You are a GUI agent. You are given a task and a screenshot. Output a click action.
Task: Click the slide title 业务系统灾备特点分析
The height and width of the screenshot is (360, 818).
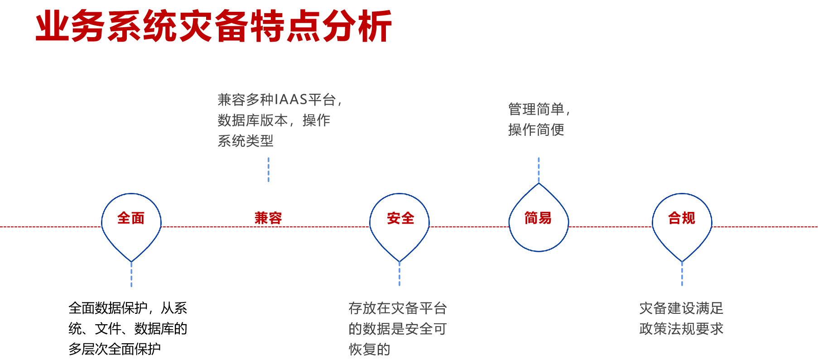pyautogui.click(x=213, y=26)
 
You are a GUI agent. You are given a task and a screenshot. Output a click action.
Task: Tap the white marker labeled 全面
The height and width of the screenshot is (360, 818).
pyautogui.click(x=131, y=221)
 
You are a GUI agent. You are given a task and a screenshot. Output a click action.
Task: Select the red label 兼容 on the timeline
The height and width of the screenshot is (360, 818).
pyautogui.click(x=268, y=218)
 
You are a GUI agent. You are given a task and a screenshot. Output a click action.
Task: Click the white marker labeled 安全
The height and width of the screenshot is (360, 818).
pyautogui.click(x=399, y=221)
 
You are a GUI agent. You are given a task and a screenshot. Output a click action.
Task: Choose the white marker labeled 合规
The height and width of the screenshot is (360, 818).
pyautogui.click(x=682, y=221)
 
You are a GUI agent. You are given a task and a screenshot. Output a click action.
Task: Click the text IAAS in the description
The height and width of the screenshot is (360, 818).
pyautogui.click(x=291, y=100)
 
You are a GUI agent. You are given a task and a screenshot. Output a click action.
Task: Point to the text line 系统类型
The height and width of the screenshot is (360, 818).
pyautogui.click(x=245, y=141)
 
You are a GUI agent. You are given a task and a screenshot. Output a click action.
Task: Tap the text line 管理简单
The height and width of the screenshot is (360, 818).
pyautogui.click(x=536, y=109)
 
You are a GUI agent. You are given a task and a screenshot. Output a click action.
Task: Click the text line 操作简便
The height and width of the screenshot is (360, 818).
pyautogui.click(x=536, y=130)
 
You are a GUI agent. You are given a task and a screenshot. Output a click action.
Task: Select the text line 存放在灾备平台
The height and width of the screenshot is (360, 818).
pyautogui.click(x=398, y=308)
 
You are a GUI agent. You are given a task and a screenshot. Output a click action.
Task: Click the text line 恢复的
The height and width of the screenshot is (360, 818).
pyautogui.click(x=369, y=349)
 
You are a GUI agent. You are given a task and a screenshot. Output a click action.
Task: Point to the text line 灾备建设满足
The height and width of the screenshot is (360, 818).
pyautogui.click(x=681, y=308)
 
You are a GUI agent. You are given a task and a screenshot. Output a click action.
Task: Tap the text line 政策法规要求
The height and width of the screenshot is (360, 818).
pyautogui.click(x=681, y=329)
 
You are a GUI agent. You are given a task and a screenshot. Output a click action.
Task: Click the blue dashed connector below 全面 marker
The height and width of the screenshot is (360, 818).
pyautogui.click(x=131, y=274)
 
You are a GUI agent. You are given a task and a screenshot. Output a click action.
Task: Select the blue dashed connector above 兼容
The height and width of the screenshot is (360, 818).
pyautogui.click(x=269, y=169)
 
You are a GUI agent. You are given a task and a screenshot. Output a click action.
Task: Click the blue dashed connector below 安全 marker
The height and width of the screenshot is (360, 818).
pyautogui.click(x=399, y=274)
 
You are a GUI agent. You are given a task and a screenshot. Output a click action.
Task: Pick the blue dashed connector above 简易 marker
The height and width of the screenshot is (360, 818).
pyautogui.click(x=539, y=169)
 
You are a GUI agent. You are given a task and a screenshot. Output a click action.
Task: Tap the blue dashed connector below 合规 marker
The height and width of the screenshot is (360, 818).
pyautogui.click(x=682, y=274)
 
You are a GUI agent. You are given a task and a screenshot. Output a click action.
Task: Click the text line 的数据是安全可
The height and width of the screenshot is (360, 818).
pyautogui.click(x=397, y=329)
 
